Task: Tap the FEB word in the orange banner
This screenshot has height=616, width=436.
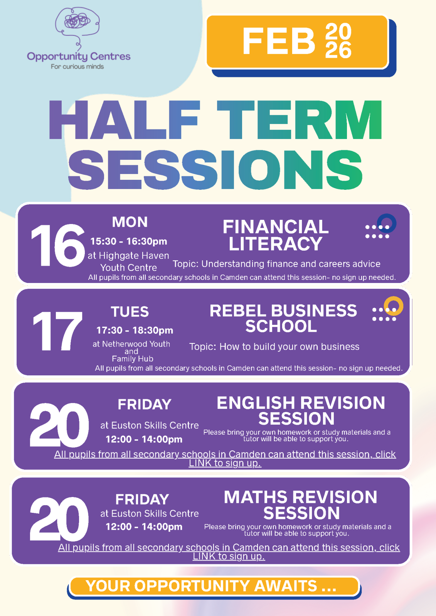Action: [x=279, y=41]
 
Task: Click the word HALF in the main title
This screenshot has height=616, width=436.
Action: [x=125, y=120]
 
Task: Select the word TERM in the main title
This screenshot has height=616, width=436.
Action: [x=300, y=120]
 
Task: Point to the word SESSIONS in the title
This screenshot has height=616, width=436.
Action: [x=215, y=170]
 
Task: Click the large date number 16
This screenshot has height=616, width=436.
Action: [x=58, y=245]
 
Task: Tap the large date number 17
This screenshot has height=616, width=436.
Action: [x=57, y=331]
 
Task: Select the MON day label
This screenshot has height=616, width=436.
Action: [x=130, y=222]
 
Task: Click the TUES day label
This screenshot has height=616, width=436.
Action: [x=130, y=311]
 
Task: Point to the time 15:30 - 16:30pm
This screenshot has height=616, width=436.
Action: [x=129, y=241]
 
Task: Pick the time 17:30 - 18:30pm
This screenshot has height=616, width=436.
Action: [x=135, y=330]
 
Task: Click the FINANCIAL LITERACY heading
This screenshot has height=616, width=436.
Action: [x=276, y=235]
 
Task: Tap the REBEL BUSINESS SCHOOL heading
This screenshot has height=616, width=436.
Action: [x=283, y=318]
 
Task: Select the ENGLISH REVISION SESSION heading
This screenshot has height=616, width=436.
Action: [x=301, y=410]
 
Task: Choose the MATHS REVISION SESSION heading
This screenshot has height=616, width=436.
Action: [x=301, y=505]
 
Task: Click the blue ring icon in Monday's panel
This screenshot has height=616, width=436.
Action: [x=387, y=223]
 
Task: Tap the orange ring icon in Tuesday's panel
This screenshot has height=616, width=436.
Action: [x=394, y=306]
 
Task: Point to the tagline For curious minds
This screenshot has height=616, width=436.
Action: [x=77, y=67]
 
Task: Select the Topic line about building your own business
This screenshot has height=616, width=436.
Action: [x=274, y=347]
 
